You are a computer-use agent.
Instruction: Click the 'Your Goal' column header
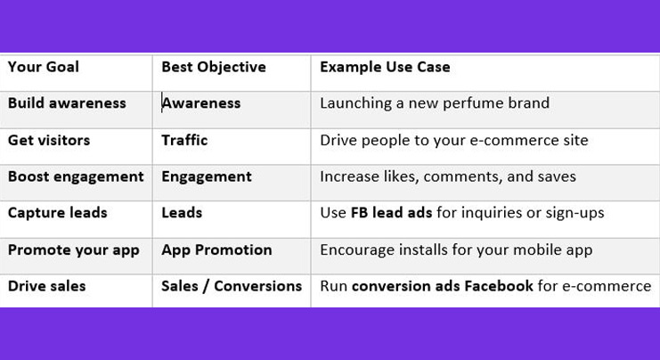[x=44, y=67]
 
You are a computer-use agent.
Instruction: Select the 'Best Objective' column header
[x=214, y=67]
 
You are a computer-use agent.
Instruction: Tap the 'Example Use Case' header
[x=385, y=67]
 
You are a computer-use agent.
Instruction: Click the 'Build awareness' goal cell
[x=67, y=103]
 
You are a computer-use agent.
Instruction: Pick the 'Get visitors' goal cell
[x=49, y=140]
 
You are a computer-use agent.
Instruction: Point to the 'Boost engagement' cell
[x=76, y=176]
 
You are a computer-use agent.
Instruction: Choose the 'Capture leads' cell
[x=58, y=213]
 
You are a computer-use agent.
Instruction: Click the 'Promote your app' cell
[x=74, y=250]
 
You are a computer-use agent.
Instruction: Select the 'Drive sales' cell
[x=47, y=286]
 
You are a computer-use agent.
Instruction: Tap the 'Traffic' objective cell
[x=184, y=140]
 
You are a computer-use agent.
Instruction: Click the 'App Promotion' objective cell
[x=216, y=250]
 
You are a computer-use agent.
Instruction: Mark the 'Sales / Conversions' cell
[x=232, y=286]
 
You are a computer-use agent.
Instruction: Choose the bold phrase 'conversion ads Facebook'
[x=443, y=286]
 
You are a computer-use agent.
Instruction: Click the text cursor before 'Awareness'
[x=162, y=103]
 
